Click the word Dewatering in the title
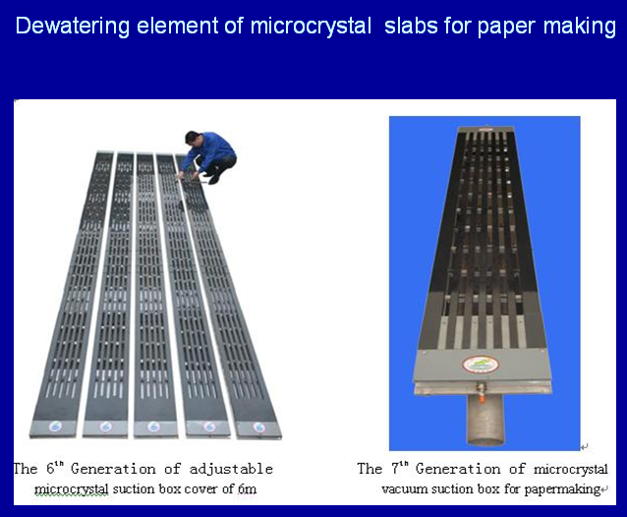click(73, 26)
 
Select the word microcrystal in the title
click(311, 27)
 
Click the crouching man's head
click(192, 138)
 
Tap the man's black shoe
click(214, 179)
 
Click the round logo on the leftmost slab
click(55, 427)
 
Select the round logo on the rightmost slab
click(259, 428)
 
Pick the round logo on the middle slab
click(153, 427)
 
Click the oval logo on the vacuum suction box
click(481, 365)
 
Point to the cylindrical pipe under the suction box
click(485, 421)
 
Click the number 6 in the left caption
click(50, 469)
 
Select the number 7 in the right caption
click(395, 469)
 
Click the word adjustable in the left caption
click(231, 469)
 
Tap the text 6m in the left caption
click(247, 488)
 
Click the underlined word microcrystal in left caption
click(71, 489)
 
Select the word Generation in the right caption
click(458, 469)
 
